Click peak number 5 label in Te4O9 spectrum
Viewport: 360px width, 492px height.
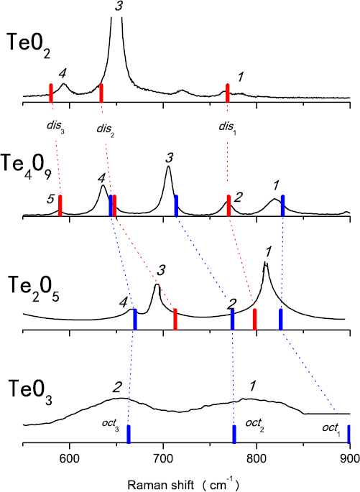pos(50,201)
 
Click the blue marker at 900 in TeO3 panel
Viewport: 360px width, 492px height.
pos(349,434)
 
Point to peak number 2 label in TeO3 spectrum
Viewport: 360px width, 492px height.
pos(116,386)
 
